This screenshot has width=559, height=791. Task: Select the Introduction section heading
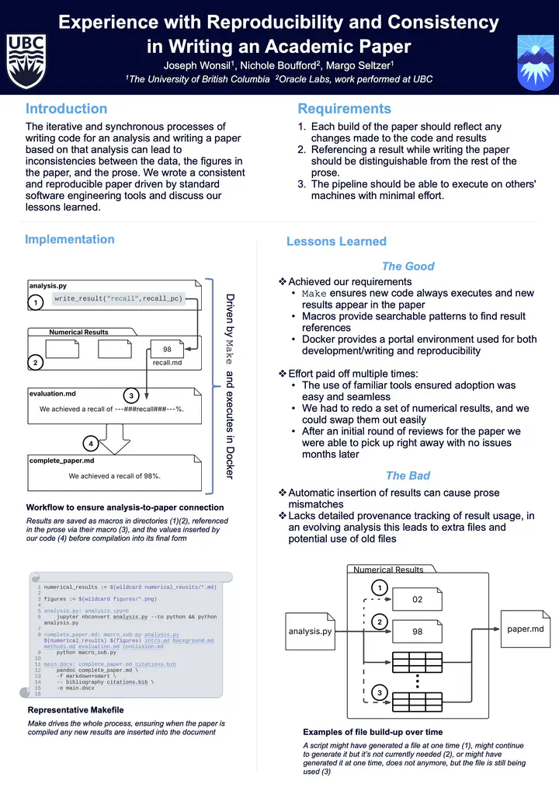pos(66,109)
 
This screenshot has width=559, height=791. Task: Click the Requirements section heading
pos(344,109)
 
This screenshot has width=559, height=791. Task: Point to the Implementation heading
pos(70,240)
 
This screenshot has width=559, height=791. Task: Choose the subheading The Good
pos(408,266)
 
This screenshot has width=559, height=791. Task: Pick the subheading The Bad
pos(408,476)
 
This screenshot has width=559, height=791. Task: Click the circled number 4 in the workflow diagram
pos(92,444)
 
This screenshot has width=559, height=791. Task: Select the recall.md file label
pos(168,362)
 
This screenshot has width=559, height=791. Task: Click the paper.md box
pos(526,629)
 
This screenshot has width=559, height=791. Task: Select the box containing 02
pos(418,600)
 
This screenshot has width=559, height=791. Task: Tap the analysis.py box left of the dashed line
pos(310,631)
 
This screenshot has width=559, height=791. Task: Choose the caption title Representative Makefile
pos(75,710)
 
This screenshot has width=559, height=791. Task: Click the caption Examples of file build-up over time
pos(373,732)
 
